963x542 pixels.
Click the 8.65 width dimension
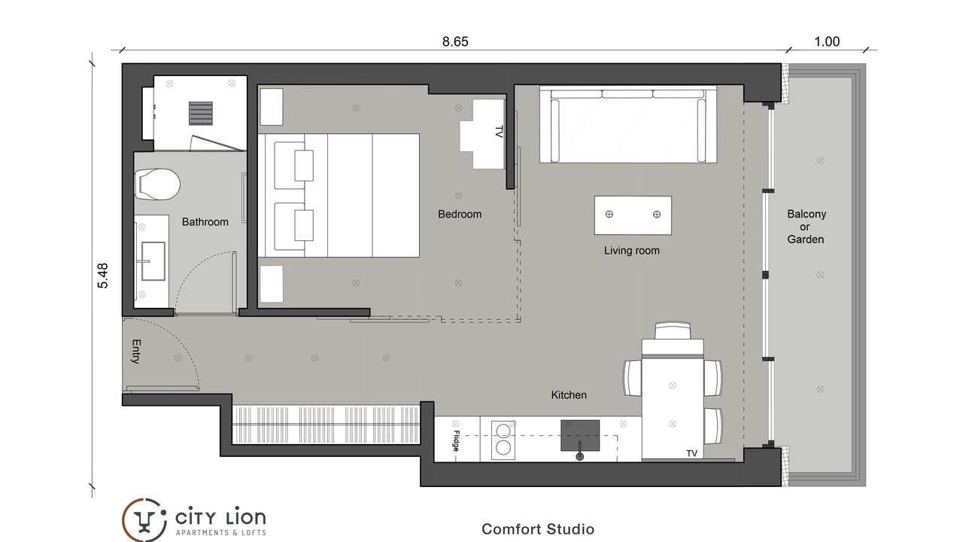(x=455, y=41)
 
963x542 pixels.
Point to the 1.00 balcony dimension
(x=827, y=41)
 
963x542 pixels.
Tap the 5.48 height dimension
(x=103, y=276)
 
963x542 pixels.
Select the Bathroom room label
(x=205, y=222)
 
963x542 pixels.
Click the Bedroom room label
(x=460, y=215)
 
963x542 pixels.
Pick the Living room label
(x=631, y=251)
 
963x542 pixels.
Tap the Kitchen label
(x=569, y=395)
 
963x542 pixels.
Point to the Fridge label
(x=456, y=440)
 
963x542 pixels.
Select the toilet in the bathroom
(x=157, y=184)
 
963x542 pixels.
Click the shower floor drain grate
(x=201, y=113)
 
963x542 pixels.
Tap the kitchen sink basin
(x=580, y=436)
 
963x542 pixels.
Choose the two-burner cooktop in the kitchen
(x=503, y=440)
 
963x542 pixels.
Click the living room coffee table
(x=633, y=215)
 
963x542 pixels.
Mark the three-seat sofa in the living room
(x=628, y=124)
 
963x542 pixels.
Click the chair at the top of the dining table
(x=673, y=330)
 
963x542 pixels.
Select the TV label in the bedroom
(x=499, y=132)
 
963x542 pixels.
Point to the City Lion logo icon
(x=144, y=520)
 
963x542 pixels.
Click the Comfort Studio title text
(x=538, y=529)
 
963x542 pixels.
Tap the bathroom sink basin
(x=153, y=261)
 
